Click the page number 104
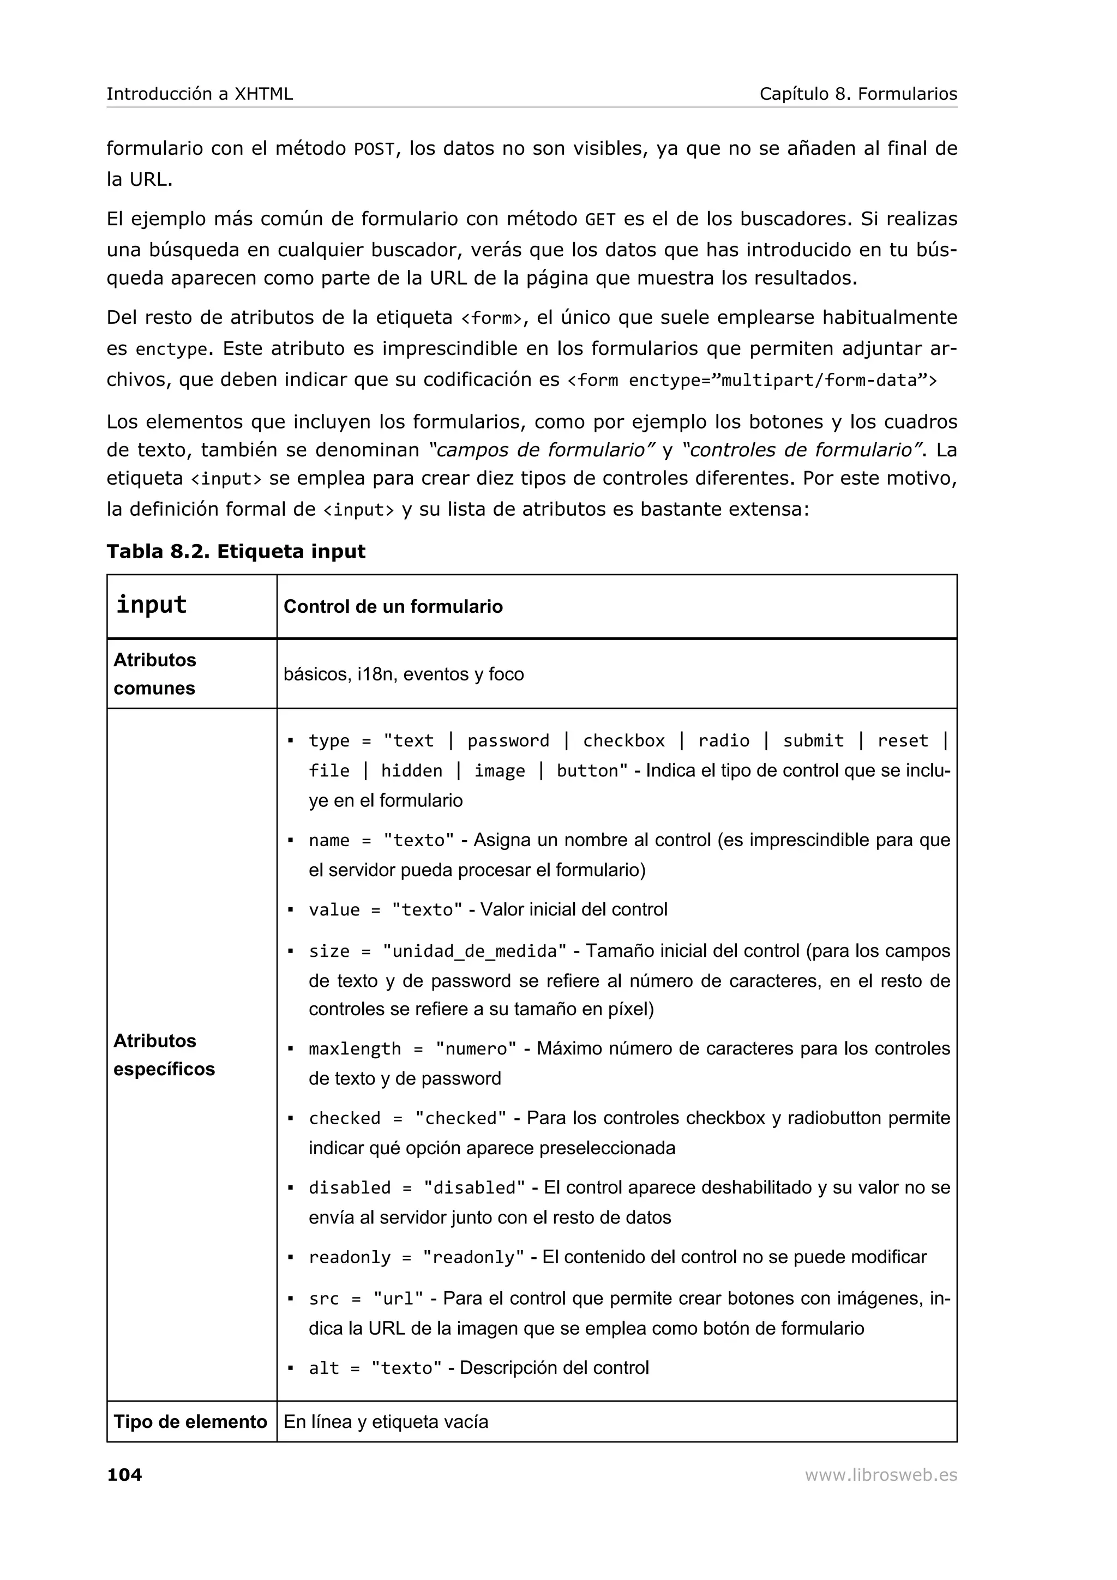(x=124, y=1475)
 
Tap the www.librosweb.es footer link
(x=880, y=1475)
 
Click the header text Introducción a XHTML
(x=200, y=94)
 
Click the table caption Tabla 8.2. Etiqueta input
(x=236, y=551)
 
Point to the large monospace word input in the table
(x=152, y=604)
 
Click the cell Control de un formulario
(x=393, y=606)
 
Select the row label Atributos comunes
(x=155, y=674)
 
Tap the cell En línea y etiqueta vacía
(x=386, y=1422)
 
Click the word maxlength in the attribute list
(x=355, y=1049)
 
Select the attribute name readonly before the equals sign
(x=349, y=1257)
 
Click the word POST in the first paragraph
(x=374, y=149)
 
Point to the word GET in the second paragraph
(x=599, y=220)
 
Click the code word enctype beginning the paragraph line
(x=171, y=349)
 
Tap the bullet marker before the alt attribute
(x=291, y=1368)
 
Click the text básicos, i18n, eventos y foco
(x=403, y=674)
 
